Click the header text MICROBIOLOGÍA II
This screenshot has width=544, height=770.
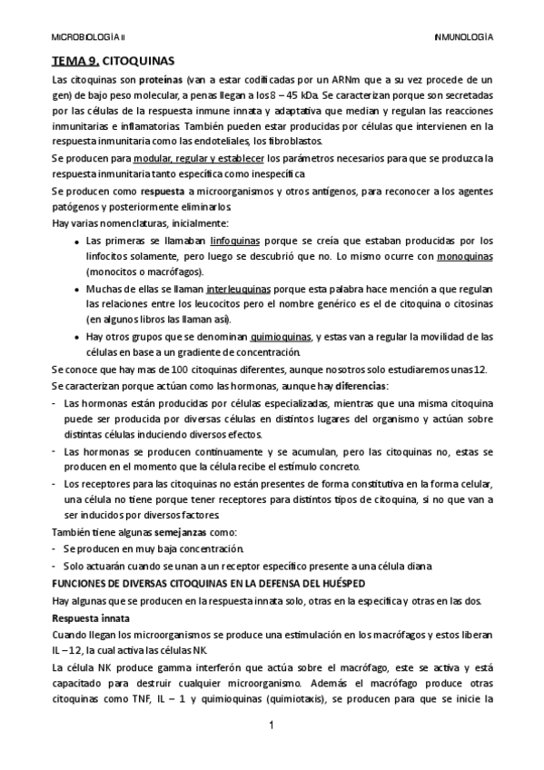click(88, 38)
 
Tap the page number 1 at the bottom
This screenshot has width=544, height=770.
click(272, 726)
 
